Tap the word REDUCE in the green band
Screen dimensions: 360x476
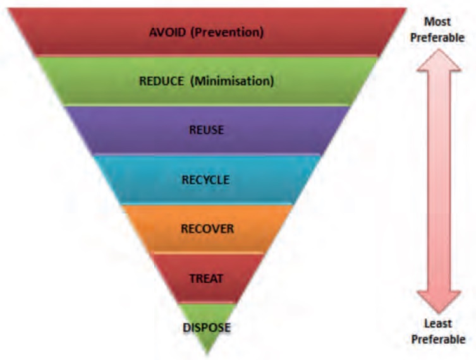click(x=162, y=81)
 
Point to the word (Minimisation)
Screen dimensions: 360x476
click(x=233, y=81)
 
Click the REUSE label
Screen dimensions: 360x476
click(x=207, y=130)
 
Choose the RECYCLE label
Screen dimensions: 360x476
click(x=206, y=179)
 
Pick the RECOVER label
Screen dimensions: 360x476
click(x=207, y=228)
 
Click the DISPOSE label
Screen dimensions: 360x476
click(x=206, y=327)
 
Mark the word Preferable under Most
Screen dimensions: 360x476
click(x=438, y=38)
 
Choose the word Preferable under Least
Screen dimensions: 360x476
click(x=438, y=339)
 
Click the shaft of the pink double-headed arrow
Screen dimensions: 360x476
click(x=438, y=180)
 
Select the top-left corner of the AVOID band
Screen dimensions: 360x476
click(x=9, y=9)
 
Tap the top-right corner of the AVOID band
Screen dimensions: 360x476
click(x=406, y=9)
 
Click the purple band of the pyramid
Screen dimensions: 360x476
click(x=265, y=130)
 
